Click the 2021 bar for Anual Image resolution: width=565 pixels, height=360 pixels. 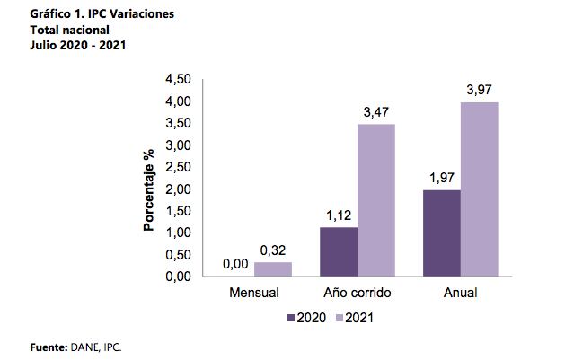479,189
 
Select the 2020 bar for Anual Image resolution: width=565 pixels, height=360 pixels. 441,233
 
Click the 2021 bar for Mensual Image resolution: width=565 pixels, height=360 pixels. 272,269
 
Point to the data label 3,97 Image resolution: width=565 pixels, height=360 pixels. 480,90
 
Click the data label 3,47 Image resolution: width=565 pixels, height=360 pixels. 376,111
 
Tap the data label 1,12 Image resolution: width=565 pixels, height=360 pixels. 338,215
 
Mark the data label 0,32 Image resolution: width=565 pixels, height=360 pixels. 273,250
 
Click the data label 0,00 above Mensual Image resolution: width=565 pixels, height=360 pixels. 235,265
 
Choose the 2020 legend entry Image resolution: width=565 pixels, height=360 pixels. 307,318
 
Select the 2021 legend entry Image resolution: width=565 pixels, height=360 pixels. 355,318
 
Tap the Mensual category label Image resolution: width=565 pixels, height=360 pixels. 254,294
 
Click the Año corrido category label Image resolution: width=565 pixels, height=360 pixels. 357,294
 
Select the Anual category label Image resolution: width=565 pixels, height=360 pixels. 460,294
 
